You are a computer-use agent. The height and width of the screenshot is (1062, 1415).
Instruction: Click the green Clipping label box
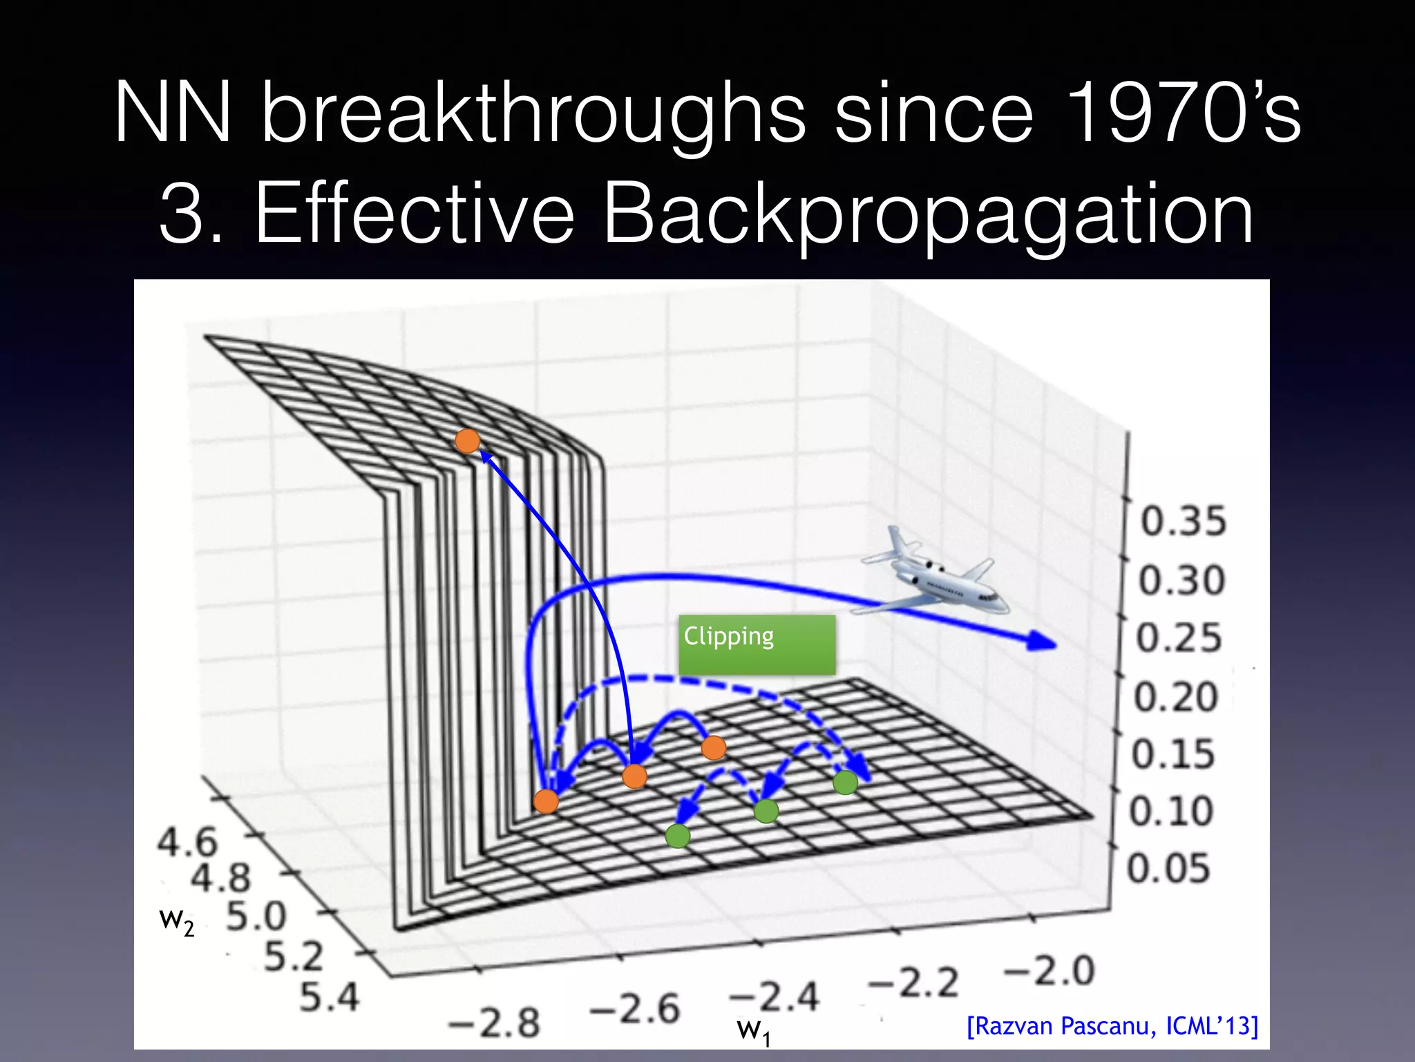757,644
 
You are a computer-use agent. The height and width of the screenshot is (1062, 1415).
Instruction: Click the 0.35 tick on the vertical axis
1182,521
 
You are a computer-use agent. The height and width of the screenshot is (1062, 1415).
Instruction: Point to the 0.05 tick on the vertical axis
1168,868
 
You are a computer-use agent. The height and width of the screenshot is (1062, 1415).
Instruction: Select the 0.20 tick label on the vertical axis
1175,696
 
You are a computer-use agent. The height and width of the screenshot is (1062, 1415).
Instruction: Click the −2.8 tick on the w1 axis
494,1022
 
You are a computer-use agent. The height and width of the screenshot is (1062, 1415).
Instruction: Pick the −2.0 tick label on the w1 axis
1049,971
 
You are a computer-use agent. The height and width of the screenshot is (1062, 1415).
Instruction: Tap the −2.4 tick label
774,997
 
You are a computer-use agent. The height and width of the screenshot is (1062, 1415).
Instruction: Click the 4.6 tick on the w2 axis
187,842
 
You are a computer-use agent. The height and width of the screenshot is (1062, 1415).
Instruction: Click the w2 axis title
176,921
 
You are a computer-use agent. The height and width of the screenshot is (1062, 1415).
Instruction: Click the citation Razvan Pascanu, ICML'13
1112,1026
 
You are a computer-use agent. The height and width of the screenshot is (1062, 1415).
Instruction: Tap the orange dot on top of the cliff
468,440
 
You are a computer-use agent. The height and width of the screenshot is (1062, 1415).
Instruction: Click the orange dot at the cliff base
546,801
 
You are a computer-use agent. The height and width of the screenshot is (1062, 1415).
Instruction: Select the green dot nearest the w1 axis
677,836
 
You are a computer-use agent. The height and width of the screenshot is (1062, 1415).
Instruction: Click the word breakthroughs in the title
533,113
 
